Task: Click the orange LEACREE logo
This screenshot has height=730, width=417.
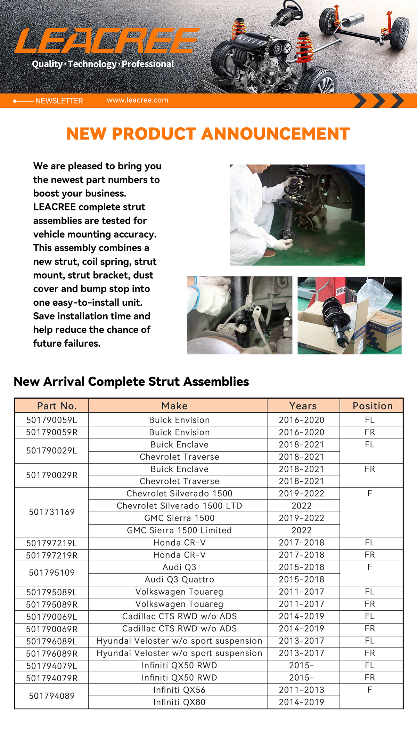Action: coord(107,41)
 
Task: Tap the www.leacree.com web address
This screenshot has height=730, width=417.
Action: coord(137,100)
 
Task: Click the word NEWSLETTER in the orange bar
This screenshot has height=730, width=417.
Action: coord(59,101)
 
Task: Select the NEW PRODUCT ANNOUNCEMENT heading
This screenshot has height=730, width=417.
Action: coord(208,134)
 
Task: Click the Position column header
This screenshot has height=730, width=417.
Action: coord(373,406)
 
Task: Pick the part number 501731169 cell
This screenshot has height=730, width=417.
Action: coord(52,512)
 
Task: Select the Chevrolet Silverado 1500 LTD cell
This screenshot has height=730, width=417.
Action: coord(179,506)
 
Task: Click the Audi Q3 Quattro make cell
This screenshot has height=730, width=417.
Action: coord(179,579)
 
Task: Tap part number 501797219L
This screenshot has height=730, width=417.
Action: coord(52,543)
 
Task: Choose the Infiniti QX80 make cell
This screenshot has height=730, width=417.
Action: coord(179,702)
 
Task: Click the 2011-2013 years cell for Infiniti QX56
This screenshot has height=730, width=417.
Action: coord(301,690)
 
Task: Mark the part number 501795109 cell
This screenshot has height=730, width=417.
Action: coord(52,573)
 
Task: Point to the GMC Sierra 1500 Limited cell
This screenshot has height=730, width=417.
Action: coord(179,530)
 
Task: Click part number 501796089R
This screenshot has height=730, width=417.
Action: coord(52,653)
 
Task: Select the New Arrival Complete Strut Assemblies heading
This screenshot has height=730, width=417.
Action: coord(131,382)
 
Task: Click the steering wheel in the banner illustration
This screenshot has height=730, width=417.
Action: coord(293,7)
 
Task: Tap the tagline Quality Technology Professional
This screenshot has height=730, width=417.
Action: coord(103,64)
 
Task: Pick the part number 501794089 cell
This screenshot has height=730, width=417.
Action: coord(52,696)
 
